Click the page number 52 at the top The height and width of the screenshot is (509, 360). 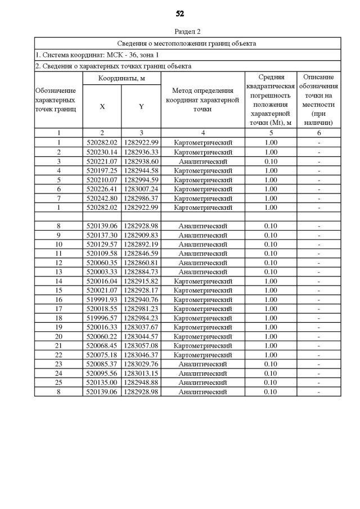pos(180,13)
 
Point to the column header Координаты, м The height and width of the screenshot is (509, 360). pos(121,78)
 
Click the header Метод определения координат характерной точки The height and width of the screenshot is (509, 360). pos(202,100)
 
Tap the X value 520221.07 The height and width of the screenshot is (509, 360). pos(102,161)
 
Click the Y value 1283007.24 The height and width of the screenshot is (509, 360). pos(141,189)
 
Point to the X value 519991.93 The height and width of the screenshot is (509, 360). pos(102,300)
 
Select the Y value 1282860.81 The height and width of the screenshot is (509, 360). pos(141,263)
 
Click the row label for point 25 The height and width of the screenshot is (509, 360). pos(58,382)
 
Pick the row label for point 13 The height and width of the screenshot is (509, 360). pos(58,272)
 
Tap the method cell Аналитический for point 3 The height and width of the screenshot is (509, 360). pos(202,161)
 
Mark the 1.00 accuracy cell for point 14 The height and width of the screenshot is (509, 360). pos(271,281)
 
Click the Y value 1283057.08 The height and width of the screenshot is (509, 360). pos(141,346)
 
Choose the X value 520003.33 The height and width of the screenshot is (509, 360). pos(102,272)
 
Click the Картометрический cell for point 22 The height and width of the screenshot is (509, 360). pos(202,355)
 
